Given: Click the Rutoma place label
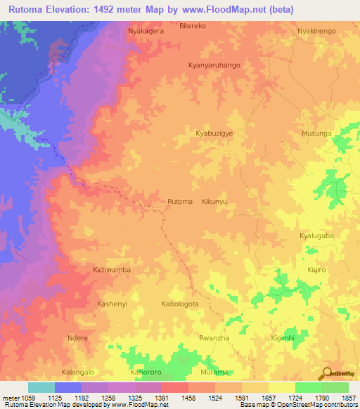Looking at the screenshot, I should (x=180, y=202).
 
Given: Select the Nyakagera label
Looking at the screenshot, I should (x=146, y=32).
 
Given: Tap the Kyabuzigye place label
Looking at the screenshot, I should (x=214, y=132).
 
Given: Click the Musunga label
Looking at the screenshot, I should (x=316, y=132).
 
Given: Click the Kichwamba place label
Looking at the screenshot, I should (x=112, y=269).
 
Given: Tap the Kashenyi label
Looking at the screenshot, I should (x=111, y=304).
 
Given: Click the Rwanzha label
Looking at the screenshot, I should (x=214, y=337).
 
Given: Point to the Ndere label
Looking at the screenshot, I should (x=77, y=337).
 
